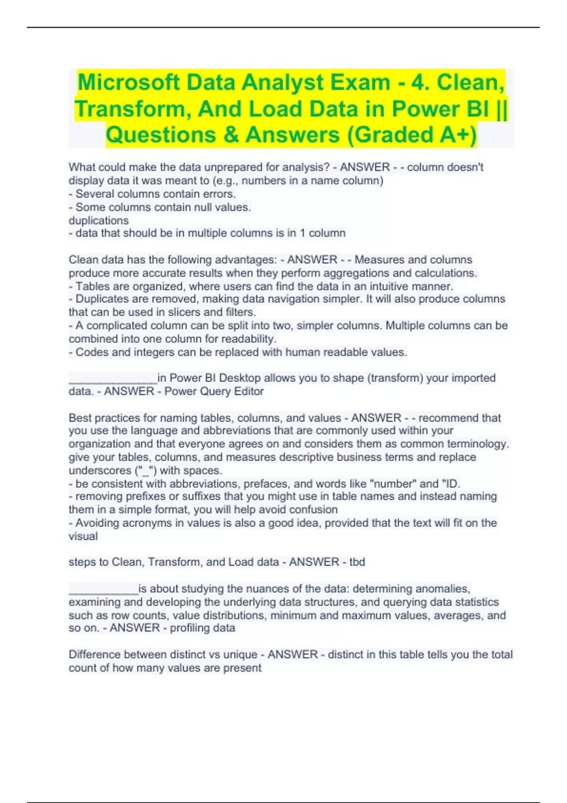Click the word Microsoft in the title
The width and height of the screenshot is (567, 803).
(128, 83)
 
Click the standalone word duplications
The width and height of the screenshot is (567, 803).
(98, 221)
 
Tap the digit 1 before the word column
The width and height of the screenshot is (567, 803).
(303, 233)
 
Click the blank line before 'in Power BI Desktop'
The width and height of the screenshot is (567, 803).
(112, 378)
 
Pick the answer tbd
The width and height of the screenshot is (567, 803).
(357, 562)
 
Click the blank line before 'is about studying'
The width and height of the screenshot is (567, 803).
(103, 589)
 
